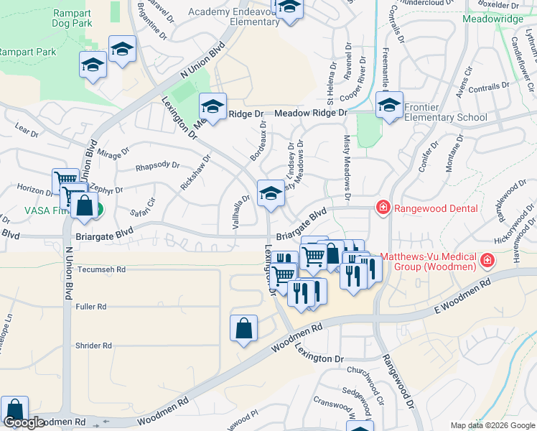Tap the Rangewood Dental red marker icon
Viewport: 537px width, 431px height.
(383, 208)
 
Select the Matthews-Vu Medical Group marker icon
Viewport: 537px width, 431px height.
(487, 260)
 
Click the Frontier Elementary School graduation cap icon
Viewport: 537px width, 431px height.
(389, 105)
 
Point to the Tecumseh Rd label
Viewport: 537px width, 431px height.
(101, 270)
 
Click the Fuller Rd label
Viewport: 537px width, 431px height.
(90, 307)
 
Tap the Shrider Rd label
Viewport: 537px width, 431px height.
(93, 346)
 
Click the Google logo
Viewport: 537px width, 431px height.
(24, 422)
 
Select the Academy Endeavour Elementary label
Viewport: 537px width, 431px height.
(233, 17)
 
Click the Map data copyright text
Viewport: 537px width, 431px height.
(492, 425)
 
